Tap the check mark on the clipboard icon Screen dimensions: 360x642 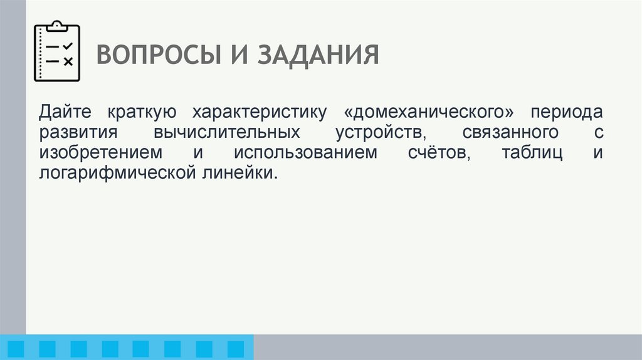click(x=68, y=46)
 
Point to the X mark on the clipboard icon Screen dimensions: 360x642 click(x=68, y=61)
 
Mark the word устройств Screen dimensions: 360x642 click(x=381, y=133)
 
